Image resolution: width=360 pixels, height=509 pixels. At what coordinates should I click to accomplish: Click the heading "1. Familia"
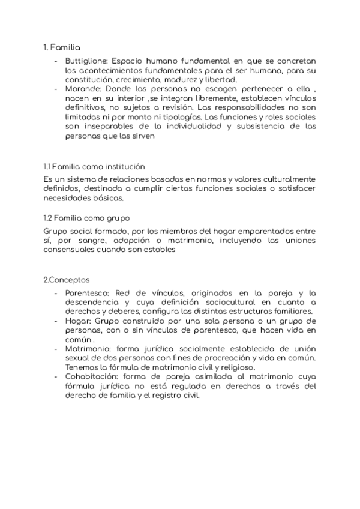coord(62,47)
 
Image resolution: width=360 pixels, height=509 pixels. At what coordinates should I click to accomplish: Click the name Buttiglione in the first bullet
coord(88,61)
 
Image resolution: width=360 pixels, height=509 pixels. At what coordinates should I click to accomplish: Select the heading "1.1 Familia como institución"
coord(94,166)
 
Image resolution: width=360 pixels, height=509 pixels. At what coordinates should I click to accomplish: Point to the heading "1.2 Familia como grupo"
coord(87,217)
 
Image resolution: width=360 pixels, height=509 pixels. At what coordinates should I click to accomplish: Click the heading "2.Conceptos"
coord(67,279)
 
